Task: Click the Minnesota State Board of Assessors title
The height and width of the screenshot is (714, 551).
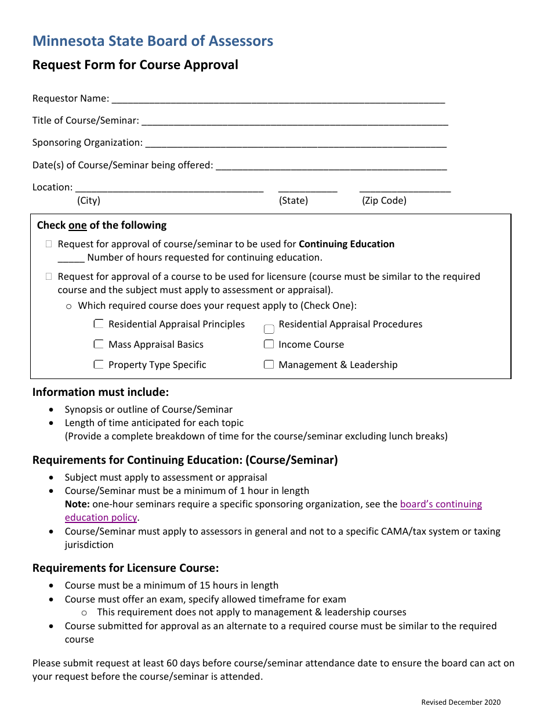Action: coord(153,41)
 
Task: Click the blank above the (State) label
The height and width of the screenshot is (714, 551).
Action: coord(307,189)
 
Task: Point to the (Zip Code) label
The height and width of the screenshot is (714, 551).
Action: coord(384,201)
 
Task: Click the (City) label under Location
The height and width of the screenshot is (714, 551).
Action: coord(89,201)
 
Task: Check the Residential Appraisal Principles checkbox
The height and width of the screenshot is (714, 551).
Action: coord(99,324)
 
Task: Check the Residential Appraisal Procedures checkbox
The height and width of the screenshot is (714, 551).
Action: coord(269,329)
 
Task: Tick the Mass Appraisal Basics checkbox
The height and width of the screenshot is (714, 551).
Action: coord(99,344)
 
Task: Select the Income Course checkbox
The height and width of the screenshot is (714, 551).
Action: coord(269,344)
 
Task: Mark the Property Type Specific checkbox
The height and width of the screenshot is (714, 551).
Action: coord(99,365)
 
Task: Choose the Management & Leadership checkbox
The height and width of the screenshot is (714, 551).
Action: coord(269,365)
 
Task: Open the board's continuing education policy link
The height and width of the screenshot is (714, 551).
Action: coord(441,504)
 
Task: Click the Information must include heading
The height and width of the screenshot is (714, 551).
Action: coord(100,392)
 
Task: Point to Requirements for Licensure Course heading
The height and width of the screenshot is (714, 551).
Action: coord(125,568)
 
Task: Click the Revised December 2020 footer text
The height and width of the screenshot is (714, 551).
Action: coord(461,702)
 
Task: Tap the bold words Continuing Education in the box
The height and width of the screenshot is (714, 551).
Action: coord(346,244)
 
